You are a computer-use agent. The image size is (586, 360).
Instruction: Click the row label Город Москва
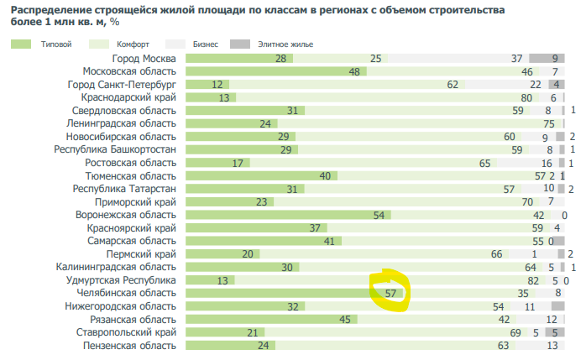coord(144,59)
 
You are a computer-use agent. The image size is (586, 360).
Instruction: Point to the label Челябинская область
coord(127,293)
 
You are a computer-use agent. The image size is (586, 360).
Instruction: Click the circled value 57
coord(390,293)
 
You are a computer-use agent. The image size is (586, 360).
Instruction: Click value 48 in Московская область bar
coord(353,72)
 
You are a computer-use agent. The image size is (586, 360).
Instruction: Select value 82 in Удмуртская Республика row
coord(532,280)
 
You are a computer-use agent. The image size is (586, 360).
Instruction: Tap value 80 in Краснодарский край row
coord(526,98)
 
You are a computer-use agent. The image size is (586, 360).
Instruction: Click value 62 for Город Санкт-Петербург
coord(453,85)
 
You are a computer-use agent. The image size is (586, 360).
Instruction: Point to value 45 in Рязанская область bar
coord(343,319)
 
